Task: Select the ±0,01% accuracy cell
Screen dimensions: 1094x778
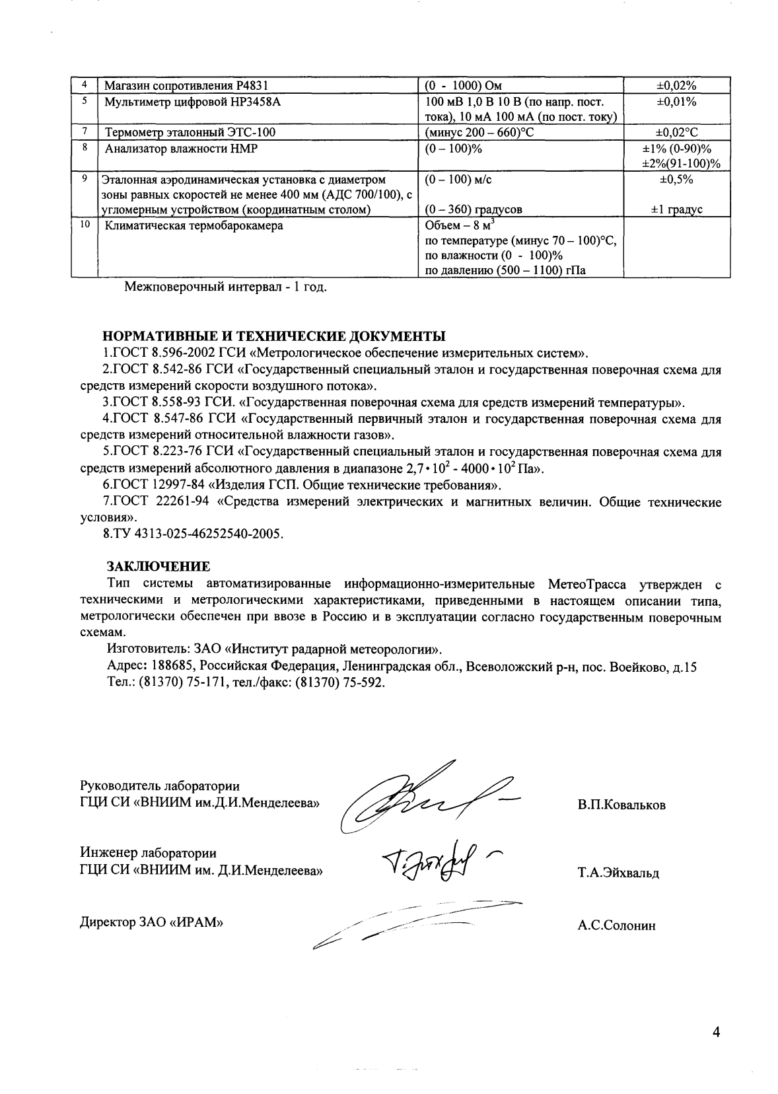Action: (x=676, y=102)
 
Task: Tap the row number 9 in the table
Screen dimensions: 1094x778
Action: (x=85, y=178)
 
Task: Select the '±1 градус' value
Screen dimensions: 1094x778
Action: (x=676, y=209)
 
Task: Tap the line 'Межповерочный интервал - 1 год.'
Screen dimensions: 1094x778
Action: (x=226, y=287)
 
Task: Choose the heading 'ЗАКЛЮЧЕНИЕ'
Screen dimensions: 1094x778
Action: (x=159, y=566)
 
